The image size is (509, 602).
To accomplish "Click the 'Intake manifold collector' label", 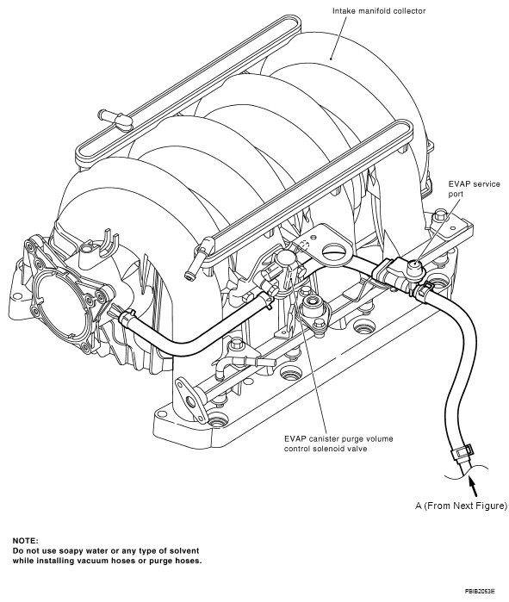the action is click(379, 11).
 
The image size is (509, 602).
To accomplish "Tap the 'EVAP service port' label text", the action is click(475, 189).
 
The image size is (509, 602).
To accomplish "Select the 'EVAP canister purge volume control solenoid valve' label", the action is click(338, 444).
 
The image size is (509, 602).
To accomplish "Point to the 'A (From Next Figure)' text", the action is click(461, 506).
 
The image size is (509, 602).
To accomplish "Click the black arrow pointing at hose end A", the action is click(473, 487).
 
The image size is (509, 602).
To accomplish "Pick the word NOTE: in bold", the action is click(25, 541).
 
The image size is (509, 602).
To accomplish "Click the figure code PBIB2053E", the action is click(480, 591).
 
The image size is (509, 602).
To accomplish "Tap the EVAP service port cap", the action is click(414, 265).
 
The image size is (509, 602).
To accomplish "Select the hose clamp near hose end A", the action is click(462, 450).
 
